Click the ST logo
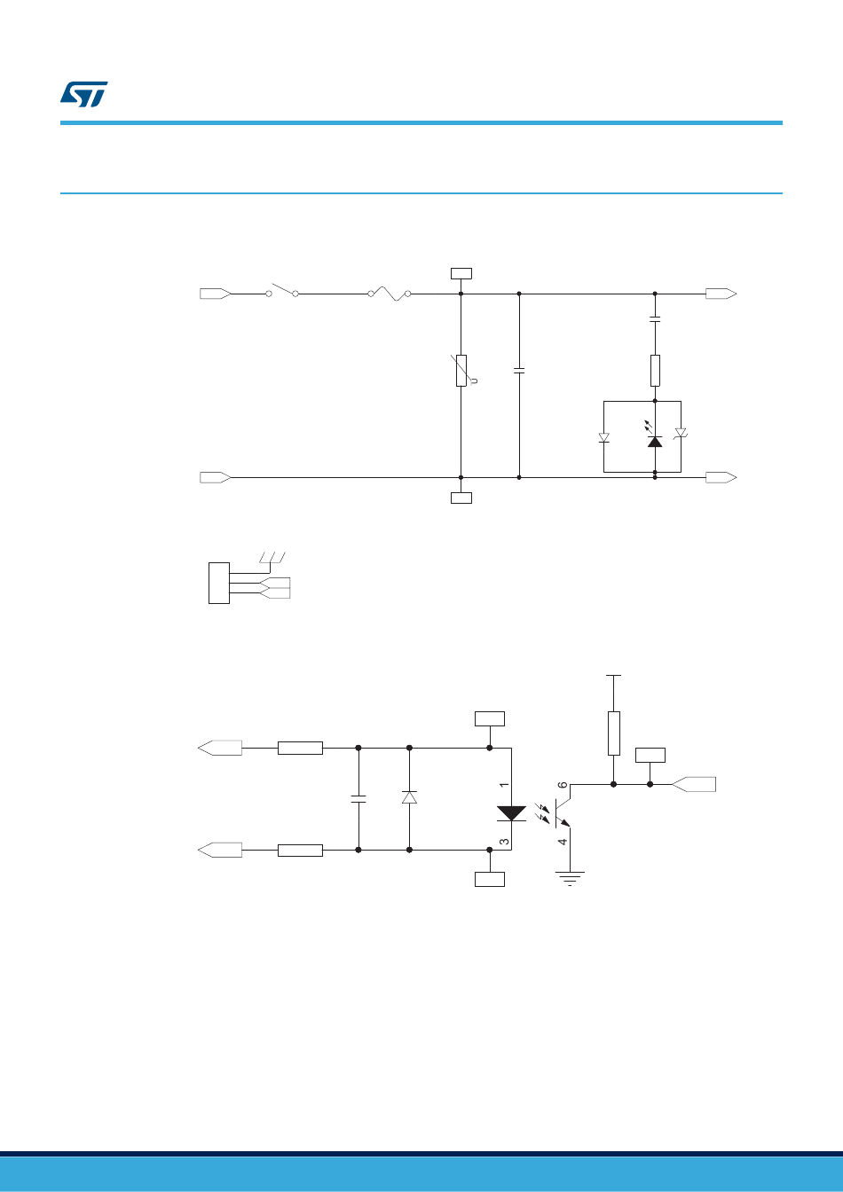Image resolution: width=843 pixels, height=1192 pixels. point(83,94)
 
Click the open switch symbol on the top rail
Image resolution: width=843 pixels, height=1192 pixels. point(282,290)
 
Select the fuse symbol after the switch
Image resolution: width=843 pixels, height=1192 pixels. point(390,294)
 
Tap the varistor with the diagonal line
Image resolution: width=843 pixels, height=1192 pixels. point(462,370)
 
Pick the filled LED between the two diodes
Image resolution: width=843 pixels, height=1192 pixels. point(655,438)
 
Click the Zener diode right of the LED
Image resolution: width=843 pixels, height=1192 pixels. point(681,434)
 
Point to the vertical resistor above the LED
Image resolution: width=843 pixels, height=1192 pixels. point(655,371)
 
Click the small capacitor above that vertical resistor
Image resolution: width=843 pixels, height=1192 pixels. point(655,319)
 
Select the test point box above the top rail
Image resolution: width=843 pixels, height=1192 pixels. point(461,273)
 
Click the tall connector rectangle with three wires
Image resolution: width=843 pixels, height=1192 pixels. point(219,583)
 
